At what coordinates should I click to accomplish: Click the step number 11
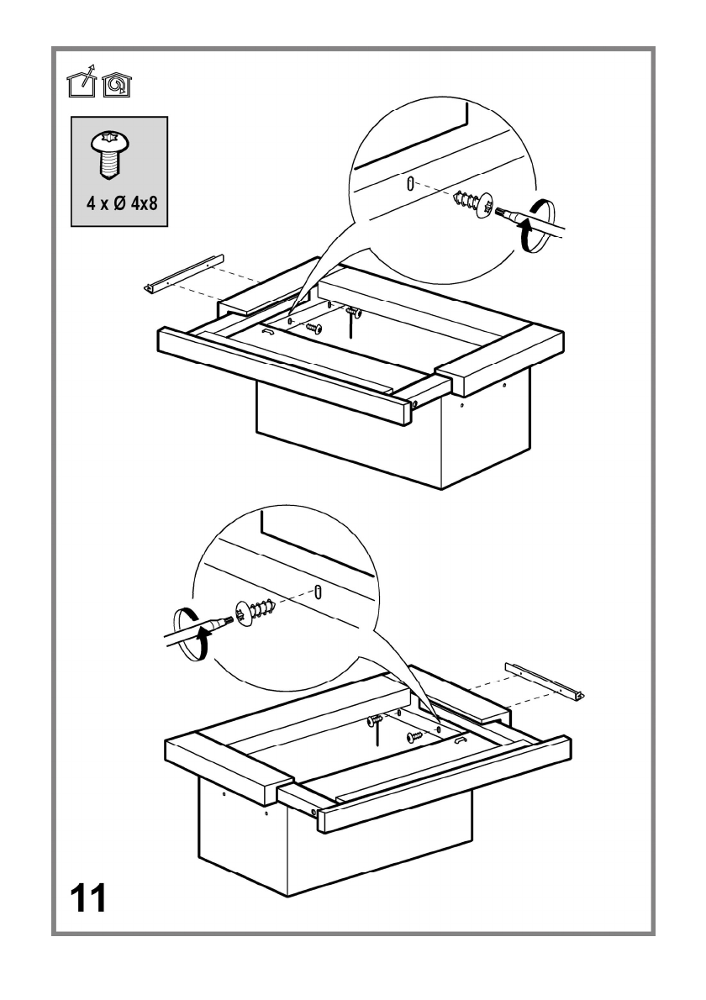click(87, 897)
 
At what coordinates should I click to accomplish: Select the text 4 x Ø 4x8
click(119, 204)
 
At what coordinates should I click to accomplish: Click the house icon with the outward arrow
click(82, 82)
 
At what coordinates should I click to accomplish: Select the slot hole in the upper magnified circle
click(409, 184)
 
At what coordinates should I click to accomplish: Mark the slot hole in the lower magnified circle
click(319, 591)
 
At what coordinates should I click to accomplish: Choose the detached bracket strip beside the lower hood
click(544, 680)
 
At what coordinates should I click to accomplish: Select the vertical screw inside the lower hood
click(375, 721)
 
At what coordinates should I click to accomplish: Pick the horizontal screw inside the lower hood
click(414, 737)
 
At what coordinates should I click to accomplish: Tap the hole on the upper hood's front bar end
click(415, 403)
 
